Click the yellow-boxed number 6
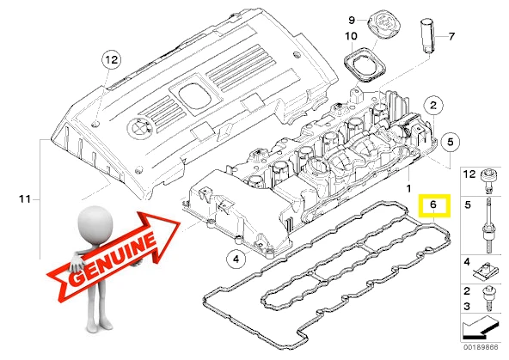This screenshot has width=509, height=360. pos(434,205)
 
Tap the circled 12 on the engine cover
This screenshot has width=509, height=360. pos(110,60)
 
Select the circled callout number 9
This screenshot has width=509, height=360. pos(351,20)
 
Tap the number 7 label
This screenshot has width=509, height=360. pos(452,36)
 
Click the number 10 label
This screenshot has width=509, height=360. pos(351,37)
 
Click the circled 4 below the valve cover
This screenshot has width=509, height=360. pos(233,258)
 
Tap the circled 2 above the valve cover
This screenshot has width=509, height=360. pos(435,106)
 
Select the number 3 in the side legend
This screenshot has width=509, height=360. pos(466,305)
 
